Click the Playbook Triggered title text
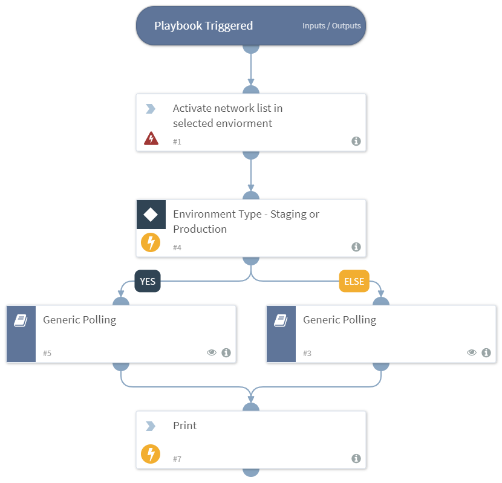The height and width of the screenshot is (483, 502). (x=203, y=26)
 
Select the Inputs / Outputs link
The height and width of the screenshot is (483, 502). (x=331, y=26)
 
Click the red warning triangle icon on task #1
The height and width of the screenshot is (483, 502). (x=151, y=138)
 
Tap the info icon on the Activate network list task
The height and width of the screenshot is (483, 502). (x=356, y=141)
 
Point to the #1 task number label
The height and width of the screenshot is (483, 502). (x=177, y=141)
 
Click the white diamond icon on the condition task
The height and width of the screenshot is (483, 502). (x=151, y=214)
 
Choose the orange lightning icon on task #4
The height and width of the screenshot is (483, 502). (x=151, y=243)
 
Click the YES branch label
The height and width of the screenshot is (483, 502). (x=148, y=282)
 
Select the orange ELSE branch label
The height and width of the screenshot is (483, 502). (x=354, y=282)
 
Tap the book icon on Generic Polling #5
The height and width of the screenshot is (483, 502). (x=21, y=320)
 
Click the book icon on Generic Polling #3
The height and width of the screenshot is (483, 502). (x=281, y=320)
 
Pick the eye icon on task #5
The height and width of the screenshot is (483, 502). (x=212, y=352)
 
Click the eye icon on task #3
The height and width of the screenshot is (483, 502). (x=472, y=352)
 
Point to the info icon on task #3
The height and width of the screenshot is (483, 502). (x=486, y=352)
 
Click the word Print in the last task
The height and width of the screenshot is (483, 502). (x=184, y=426)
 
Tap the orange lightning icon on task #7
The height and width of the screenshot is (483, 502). (x=151, y=454)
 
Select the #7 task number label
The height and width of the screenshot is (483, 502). (x=177, y=459)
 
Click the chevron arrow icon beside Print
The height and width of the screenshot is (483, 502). (x=151, y=426)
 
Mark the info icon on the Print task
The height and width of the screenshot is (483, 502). (x=356, y=459)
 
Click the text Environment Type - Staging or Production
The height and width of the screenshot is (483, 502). (x=246, y=221)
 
